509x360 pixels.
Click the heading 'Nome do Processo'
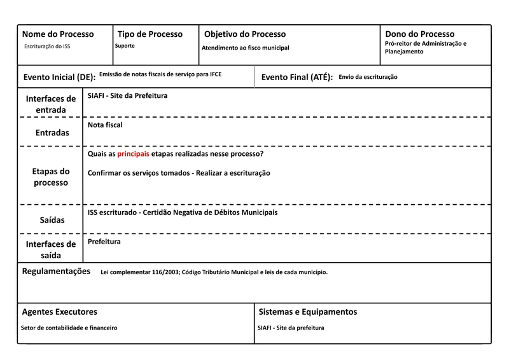click(58, 34)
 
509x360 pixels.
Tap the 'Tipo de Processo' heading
click(150, 34)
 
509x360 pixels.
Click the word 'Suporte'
click(125, 46)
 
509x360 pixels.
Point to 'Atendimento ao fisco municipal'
click(246, 48)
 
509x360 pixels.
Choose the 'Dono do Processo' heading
click(420, 34)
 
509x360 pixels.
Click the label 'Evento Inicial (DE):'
click(59, 77)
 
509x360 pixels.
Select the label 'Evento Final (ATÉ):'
click(297, 77)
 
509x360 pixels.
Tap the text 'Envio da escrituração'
click(368, 76)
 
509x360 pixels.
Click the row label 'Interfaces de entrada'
click(50, 104)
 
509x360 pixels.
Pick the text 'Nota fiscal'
click(105, 125)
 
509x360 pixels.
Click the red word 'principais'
click(134, 154)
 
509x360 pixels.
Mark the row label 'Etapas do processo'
click(50, 177)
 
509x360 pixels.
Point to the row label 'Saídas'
click(50, 219)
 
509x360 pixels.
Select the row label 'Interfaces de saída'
click(50, 249)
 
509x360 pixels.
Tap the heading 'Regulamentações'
click(57, 271)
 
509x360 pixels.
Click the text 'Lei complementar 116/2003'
click(139, 272)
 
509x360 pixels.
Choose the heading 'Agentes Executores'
click(60, 312)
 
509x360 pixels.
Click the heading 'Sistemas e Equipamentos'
click(308, 312)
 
